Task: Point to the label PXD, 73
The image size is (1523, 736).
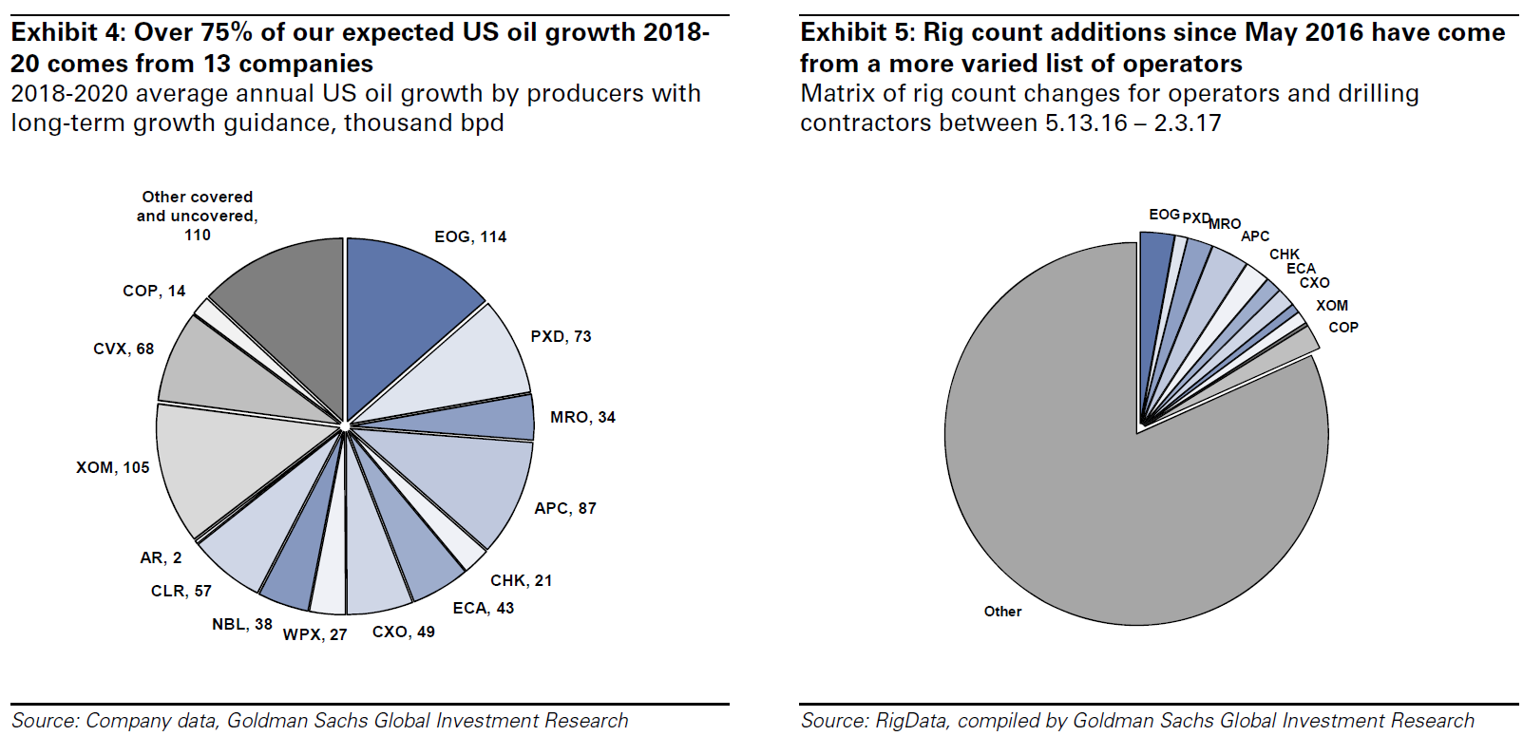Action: pyautogui.click(x=561, y=336)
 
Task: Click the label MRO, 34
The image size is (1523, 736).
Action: pyautogui.click(x=582, y=417)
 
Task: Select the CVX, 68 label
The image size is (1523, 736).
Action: pyautogui.click(x=124, y=349)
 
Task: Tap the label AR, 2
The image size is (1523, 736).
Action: pyautogui.click(x=161, y=557)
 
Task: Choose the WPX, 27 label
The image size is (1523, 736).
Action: pyautogui.click(x=314, y=634)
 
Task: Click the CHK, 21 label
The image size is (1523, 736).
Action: pyautogui.click(x=521, y=580)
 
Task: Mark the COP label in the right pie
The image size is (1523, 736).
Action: pyautogui.click(x=1342, y=327)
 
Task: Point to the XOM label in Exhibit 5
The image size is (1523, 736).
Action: pyautogui.click(x=1331, y=305)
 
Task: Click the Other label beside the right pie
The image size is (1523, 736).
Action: pyautogui.click(x=1002, y=612)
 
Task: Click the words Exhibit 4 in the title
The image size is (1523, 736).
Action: pyautogui.click(x=67, y=32)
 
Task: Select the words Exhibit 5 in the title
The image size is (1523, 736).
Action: pyautogui.click(x=857, y=32)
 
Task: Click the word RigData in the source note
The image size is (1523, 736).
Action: pyautogui.click(x=910, y=721)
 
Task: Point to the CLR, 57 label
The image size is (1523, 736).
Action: pyautogui.click(x=181, y=591)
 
